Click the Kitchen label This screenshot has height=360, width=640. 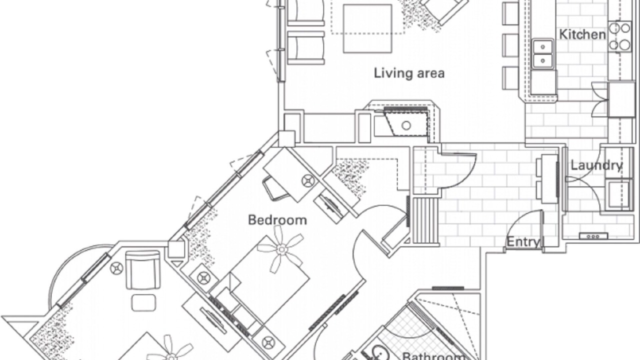582,34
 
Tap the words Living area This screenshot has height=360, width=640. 409,73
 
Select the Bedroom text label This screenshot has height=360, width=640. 277,220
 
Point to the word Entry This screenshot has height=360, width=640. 523,242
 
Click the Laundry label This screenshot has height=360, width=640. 596,165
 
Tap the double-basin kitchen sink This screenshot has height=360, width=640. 542,53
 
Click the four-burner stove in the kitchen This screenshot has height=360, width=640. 619,36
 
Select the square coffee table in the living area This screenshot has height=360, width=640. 367,28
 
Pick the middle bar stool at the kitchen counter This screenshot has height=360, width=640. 510,45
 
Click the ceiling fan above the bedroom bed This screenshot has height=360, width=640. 281,249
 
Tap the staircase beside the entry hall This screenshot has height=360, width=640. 426,221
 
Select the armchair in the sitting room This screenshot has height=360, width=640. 143,270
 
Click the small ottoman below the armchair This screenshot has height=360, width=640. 143,303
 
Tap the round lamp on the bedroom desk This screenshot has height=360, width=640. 308,180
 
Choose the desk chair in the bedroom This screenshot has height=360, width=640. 275,189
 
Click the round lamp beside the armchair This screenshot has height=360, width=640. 116,268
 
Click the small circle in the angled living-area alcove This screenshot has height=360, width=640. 406,125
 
